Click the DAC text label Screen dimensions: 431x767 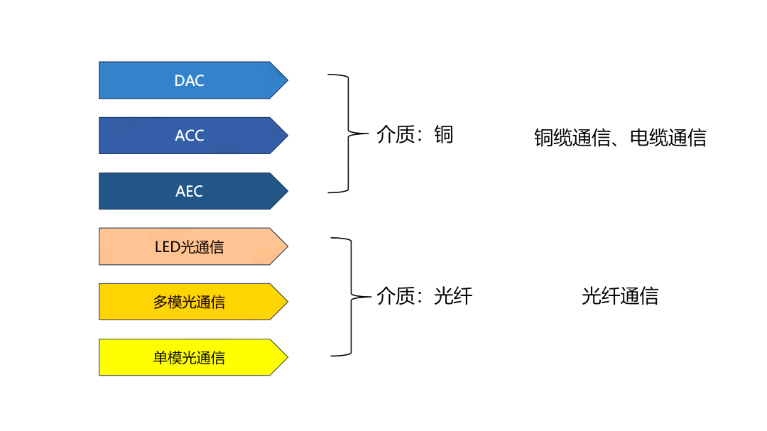189,80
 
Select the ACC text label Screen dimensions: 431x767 189,136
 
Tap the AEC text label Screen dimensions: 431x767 189,191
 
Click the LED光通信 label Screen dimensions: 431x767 189,247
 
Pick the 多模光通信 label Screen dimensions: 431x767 189,302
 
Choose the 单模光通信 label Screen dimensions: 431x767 189,358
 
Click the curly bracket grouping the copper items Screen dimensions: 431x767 348,133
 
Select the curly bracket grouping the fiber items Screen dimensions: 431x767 350,297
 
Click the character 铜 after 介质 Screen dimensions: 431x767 443,134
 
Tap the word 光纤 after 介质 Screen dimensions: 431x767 452,296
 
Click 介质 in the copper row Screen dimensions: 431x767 395,134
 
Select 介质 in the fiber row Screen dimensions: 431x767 395,296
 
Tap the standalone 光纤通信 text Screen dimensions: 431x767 619,296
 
